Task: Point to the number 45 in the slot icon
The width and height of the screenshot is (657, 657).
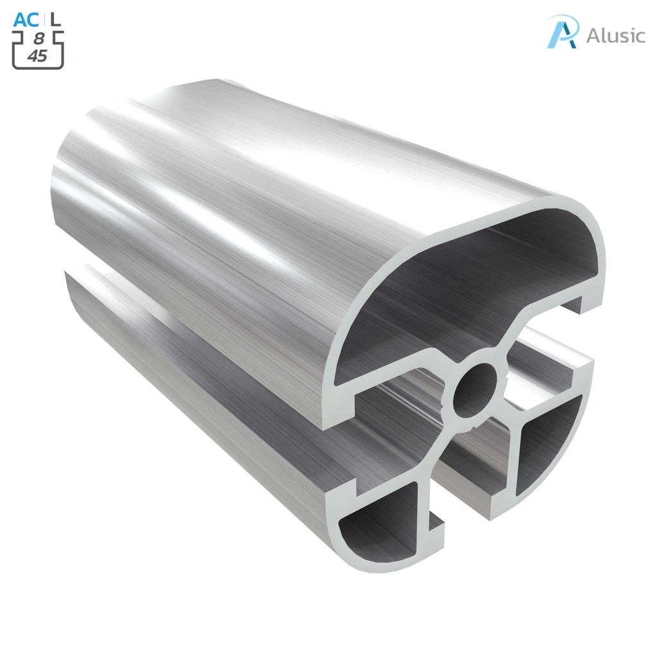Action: pos(38,56)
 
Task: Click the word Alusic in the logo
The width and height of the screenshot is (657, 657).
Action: pos(615,35)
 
